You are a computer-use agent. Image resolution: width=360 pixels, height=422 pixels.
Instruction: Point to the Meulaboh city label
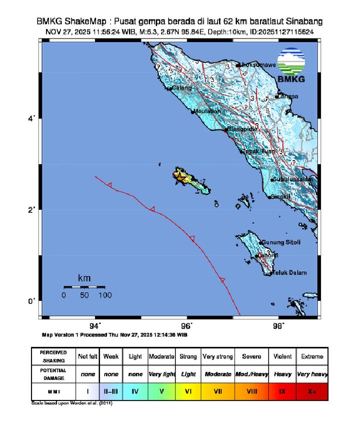[207, 111]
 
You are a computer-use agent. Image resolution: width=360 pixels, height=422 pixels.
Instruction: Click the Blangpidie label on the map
[242, 129]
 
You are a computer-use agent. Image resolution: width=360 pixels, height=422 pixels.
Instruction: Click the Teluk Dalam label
[288, 273]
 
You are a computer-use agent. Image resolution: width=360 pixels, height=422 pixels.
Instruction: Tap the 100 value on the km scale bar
[104, 295]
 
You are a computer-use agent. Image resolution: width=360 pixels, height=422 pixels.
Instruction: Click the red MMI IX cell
[281, 391]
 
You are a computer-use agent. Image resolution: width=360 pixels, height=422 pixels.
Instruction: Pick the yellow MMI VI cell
[188, 391]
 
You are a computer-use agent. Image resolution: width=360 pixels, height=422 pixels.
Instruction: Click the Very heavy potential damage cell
[312, 374]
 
